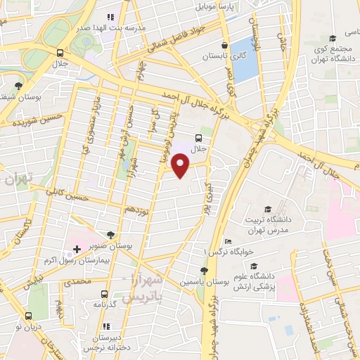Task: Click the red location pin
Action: [182, 165]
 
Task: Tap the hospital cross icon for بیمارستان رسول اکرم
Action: [77, 249]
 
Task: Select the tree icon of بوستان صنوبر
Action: [110, 236]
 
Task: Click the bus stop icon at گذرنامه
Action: [104, 294]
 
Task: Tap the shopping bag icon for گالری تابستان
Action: [223, 54]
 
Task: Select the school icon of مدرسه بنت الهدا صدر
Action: [110, 17]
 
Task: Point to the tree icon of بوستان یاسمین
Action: [203, 271]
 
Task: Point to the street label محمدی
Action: [77, 281]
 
